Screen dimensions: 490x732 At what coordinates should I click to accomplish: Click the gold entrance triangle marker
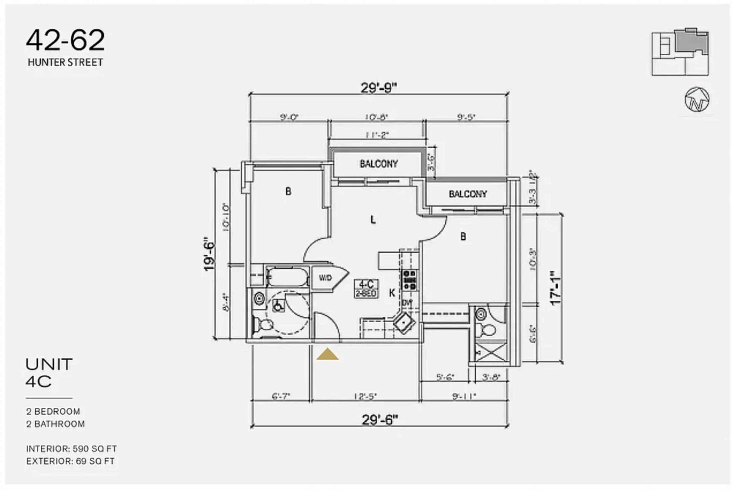tap(327, 355)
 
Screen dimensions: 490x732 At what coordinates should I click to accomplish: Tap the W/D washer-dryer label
tap(325, 278)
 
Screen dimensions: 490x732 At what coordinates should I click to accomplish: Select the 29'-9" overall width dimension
tap(379, 87)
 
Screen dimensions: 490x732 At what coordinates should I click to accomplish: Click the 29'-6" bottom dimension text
tap(380, 420)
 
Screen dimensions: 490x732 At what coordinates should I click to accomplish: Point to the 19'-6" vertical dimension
tap(209, 254)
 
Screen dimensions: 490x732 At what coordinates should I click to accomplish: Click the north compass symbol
tap(697, 99)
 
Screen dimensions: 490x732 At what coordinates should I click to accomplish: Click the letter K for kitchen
tap(392, 293)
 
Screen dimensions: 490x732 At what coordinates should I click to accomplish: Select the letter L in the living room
tap(373, 220)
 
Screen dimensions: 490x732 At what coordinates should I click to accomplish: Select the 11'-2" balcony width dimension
tap(377, 135)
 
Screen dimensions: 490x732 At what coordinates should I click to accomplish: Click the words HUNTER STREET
tap(65, 63)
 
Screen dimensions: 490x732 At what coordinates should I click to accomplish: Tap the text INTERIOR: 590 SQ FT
tap(71, 449)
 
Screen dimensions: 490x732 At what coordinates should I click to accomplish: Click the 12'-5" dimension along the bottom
tap(365, 396)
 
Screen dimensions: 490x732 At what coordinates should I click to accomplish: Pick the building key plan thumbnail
tap(680, 52)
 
